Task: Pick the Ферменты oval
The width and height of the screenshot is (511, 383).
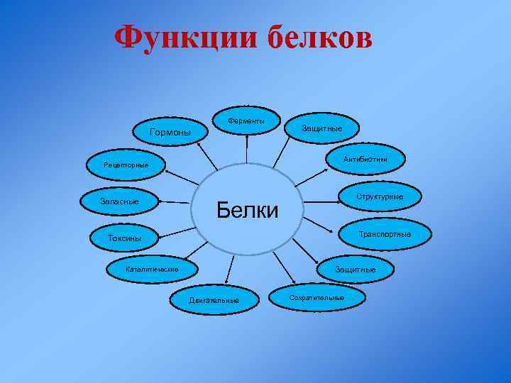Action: (x=246, y=121)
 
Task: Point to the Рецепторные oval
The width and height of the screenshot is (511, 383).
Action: (x=126, y=165)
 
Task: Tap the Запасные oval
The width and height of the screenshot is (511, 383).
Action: (x=119, y=202)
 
